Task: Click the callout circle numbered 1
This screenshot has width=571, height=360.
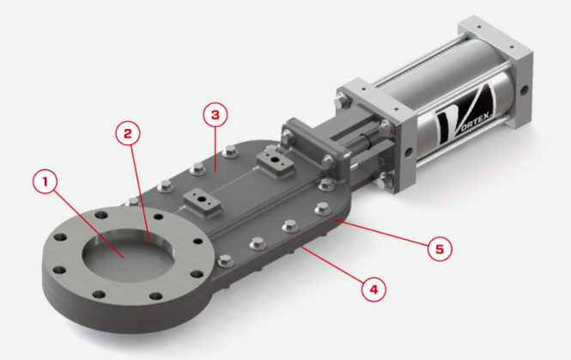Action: click(46, 182)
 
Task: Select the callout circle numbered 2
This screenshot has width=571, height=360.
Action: click(128, 133)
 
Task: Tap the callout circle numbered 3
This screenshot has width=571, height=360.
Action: click(216, 114)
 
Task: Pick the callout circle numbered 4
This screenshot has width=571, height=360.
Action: click(374, 290)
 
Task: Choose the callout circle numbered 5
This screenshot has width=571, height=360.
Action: click(440, 249)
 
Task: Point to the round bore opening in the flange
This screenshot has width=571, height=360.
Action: click(129, 254)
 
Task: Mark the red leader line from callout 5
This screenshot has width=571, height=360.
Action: click(381, 233)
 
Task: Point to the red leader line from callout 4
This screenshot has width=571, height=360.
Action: click(332, 265)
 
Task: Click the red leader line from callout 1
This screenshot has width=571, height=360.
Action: click(89, 223)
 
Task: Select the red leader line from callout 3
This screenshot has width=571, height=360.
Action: click(216, 149)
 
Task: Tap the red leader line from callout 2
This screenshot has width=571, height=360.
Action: click(140, 194)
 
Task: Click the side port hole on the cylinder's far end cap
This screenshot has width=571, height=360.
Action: click(525, 89)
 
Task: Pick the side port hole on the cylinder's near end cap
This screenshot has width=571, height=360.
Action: click(408, 150)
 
